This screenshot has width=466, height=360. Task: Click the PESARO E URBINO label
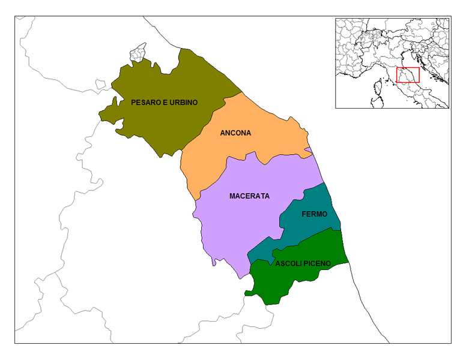click(x=164, y=103)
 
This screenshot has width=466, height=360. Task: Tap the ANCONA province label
click(x=235, y=133)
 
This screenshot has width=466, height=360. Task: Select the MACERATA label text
click(x=249, y=196)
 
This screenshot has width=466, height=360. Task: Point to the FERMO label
click(x=313, y=214)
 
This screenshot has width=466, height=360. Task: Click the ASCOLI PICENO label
click(x=303, y=263)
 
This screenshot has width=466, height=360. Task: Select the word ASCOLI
click(x=288, y=263)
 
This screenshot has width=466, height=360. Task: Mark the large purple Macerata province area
click(x=240, y=228)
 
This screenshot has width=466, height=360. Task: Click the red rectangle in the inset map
click(x=408, y=74)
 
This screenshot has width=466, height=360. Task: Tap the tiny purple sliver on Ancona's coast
click(x=308, y=149)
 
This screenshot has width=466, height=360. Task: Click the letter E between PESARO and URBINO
click(x=162, y=103)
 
